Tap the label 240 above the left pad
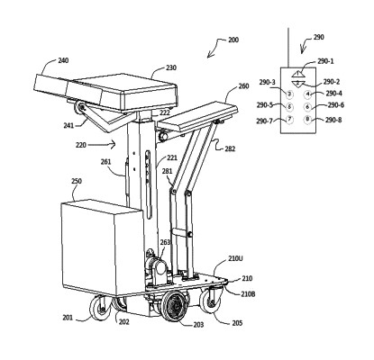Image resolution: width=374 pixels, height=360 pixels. (63, 61)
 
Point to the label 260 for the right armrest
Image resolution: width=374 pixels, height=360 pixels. (242, 88)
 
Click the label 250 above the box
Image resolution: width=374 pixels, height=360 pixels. (77, 181)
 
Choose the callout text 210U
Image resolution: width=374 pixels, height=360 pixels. (235, 259)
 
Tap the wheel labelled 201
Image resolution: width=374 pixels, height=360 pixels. (95, 308)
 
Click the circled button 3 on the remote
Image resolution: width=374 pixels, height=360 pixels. (289, 94)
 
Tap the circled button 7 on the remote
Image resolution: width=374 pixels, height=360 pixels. (289, 119)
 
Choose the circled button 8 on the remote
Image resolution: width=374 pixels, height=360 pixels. (307, 119)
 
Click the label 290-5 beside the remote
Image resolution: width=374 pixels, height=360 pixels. (268, 106)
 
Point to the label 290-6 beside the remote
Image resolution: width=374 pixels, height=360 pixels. (333, 106)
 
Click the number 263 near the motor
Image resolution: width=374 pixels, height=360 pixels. (165, 242)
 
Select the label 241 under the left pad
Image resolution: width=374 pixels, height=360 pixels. (68, 126)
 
